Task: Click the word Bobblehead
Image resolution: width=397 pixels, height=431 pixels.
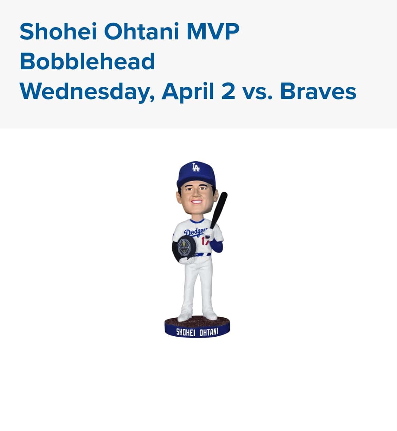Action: click(x=87, y=61)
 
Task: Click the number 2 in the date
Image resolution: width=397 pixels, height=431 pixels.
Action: click(x=228, y=91)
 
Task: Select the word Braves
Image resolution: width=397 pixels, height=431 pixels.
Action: click(x=318, y=91)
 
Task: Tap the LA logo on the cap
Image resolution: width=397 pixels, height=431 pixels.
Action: click(x=196, y=168)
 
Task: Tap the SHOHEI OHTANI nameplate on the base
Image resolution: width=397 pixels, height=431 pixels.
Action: click(x=197, y=332)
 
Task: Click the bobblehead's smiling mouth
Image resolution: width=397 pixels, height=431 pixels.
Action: click(x=196, y=202)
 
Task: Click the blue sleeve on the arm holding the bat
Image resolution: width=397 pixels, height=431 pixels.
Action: click(x=216, y=245)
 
